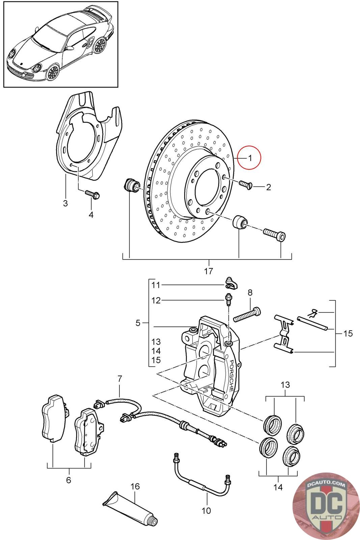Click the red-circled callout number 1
pyautogui.click(x=250, y=158)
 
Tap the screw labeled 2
pyautogui.click(x=246, y=185)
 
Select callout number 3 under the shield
pyautogui.click(x=65, y=203)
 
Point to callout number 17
pyautogui.click(x=209, y=271)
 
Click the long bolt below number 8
pyautogui.click(x=247, y=315)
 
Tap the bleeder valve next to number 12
pyautogui.click(x=228, y=299)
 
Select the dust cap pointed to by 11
pyautogui.click(x=232, y=283)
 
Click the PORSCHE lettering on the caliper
pyautogui.click(x=231, y=376)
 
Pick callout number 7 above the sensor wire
pyautogui.click(x=120, y=379)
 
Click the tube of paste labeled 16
pyautogui.click(x=130, y=508)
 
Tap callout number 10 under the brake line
pyautogui.click(x=206, y=511)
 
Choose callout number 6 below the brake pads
pyautogui.click(x=69, y=480)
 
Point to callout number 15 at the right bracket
pyautogui.click(x=348, y=333)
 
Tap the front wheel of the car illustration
pyautogui.click(x=52, y=72)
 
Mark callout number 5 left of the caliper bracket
pyautogui.click(x=138, y=323)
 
